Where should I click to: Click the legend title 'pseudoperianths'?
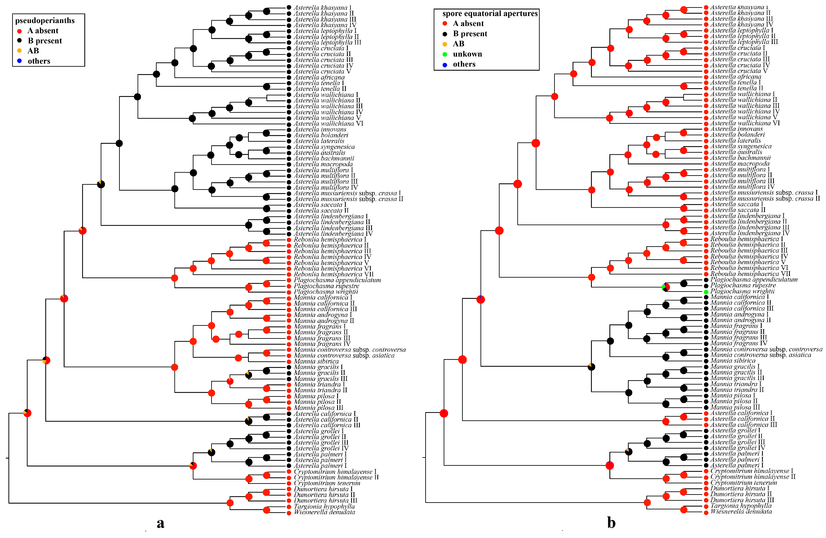(x=45, y=20)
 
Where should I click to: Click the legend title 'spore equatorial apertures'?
(x=490, y=14)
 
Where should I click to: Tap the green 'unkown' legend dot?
(x=445, y=54)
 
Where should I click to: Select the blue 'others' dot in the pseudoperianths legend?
(x=19, y=61)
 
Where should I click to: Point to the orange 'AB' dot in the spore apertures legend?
(x=445, y=44)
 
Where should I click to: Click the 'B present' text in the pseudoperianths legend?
(x=45, y=41)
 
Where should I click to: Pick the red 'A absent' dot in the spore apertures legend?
(x=445, y=24)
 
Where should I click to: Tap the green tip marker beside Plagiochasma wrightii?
(x=706, y=292)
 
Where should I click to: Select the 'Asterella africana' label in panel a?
(x=319, y=77)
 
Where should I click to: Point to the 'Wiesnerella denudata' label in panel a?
(x=324, y=512)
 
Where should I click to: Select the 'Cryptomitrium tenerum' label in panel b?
(x=743, y=482)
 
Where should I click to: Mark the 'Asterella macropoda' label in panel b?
(x=740, y=163)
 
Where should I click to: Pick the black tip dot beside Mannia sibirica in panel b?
(x=706, y=361)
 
